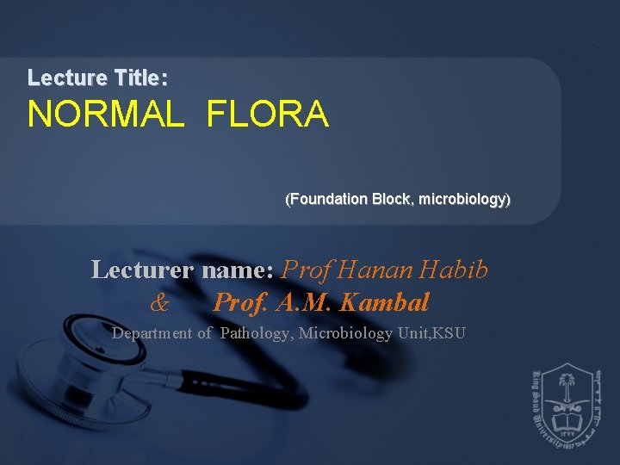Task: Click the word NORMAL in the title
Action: coord(105,115)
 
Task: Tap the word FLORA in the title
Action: coord(267,115)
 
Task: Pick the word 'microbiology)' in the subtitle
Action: coord(467,200)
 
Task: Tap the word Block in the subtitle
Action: coord(393,200)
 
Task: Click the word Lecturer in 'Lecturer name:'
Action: coord(143,270)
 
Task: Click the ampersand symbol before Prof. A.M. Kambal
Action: coord(159,303)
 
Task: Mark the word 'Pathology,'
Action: coord(256,333)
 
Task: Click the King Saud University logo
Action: coord(566,404)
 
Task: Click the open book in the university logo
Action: coord(566,421)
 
